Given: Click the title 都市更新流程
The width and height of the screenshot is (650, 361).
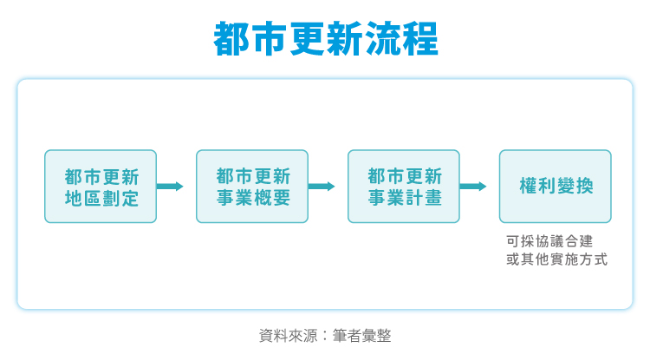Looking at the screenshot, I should click(x=325, y=39).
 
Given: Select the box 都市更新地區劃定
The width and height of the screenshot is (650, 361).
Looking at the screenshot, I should click(x=101, y=187).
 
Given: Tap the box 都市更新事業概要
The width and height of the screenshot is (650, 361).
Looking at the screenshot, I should click(x=252, y=187).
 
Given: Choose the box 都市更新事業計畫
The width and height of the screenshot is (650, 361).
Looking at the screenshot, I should click(x=404, y=187).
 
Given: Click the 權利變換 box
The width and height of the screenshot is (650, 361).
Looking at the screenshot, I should click(x=556, y=187).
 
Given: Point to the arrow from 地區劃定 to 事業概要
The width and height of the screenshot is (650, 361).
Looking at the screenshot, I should click(x=170, y=187).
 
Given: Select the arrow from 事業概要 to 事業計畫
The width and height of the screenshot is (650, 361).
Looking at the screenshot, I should click(x=322, y=187).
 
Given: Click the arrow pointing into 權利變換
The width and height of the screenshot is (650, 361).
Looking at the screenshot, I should click(x=473, y=187).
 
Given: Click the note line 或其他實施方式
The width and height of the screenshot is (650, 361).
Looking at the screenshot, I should click(x=556, y=259).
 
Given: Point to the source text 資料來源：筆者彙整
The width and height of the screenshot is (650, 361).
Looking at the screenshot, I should click(x=325, y=335).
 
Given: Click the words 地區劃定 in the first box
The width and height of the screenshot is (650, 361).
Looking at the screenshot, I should click(x=101, y=198).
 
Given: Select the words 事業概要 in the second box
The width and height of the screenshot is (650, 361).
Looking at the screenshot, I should click(x=252, y=198).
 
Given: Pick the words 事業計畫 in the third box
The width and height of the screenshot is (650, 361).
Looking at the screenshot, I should click(x=404, y=198).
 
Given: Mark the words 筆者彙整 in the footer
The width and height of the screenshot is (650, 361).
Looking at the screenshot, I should click(x=362, y=335).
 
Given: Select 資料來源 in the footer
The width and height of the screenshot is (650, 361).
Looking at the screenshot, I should click(x=288, y=335).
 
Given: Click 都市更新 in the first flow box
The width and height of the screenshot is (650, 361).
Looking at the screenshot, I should click(x=101, y=175).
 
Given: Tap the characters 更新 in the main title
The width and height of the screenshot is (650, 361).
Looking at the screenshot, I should click(x=325, y=39).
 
